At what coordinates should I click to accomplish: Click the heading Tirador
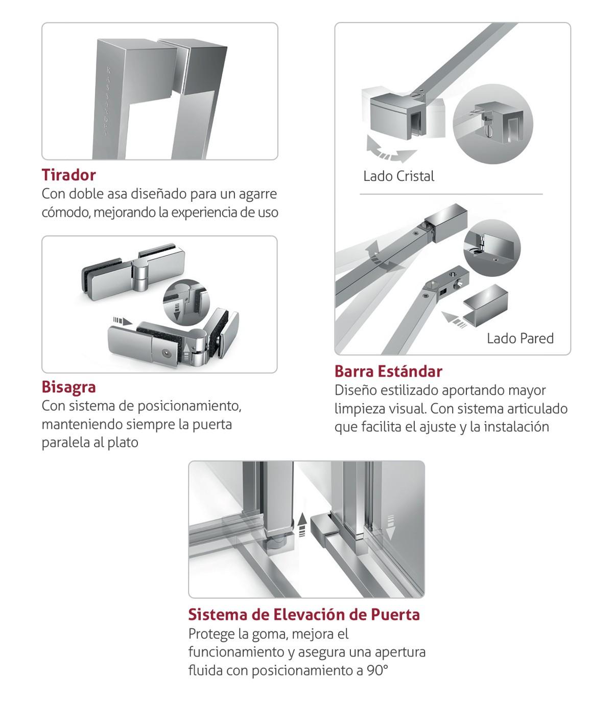(x=68, y=175)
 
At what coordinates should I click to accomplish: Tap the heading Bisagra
(x=68, y=387)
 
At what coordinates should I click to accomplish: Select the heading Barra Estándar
(x=388, y=371)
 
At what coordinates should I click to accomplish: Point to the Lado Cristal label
(x=398, y=176)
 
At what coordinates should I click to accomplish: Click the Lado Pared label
(x=520, y=339)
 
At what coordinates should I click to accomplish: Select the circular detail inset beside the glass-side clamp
(x=493, y=124)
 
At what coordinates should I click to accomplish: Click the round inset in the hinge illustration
(x=186, y=302)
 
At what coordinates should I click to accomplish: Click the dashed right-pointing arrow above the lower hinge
(x=123, y=321)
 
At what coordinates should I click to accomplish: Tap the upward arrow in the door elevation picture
(x=302, y=525)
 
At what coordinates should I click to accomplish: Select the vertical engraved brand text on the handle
(x=106, y=101)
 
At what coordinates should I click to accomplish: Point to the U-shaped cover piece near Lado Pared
(x=485, y=305)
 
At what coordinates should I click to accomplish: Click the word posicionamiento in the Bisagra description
(x=189, y=406)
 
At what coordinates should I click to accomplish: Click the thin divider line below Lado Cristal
(x=451, y=194)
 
